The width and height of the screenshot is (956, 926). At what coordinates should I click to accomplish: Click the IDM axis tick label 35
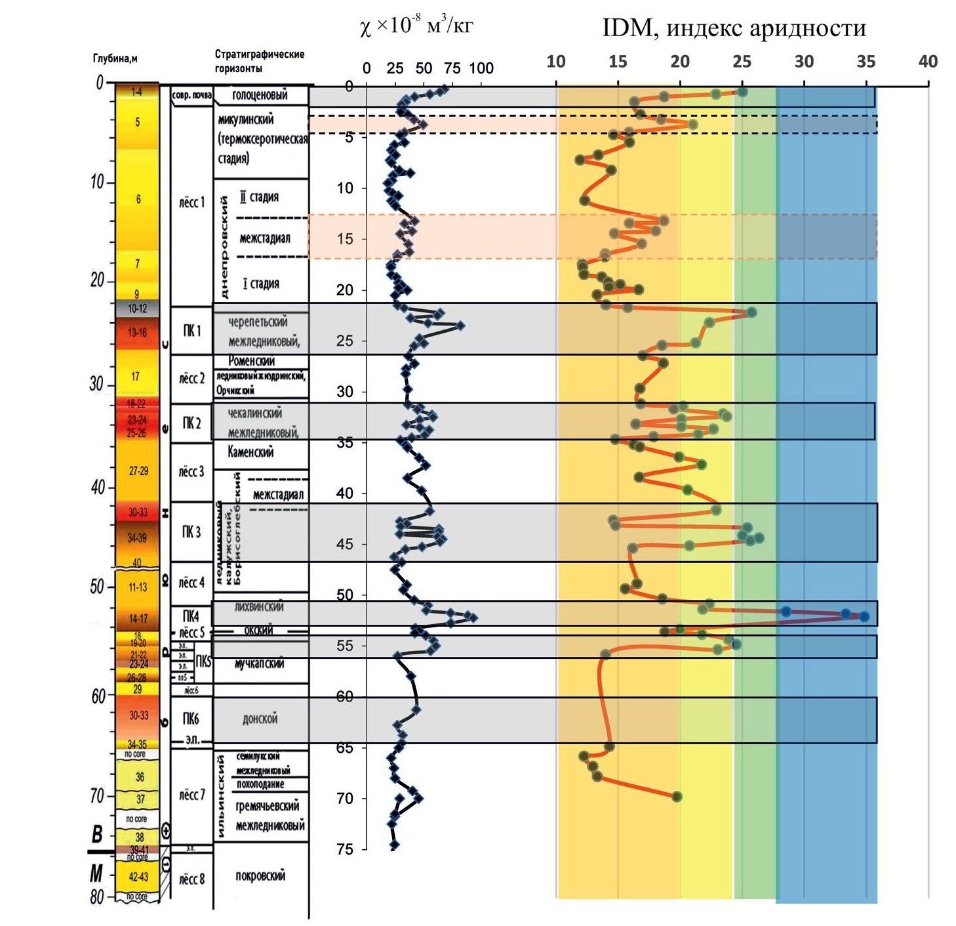tap(866, 62)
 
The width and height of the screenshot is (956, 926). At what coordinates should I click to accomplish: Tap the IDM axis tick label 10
tap(555, 62)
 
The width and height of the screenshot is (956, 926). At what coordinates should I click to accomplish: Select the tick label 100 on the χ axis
tap(481, 68)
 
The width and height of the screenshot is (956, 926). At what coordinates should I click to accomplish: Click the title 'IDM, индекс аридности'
tap(734, 28)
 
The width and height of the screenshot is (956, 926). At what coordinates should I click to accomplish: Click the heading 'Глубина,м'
tap(115, 58)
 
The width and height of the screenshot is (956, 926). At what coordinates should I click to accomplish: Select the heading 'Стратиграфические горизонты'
tap(259, 61)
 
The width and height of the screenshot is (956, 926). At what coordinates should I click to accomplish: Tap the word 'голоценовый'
tap(260, 95)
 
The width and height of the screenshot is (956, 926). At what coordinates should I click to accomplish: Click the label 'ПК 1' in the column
tap(191, 331)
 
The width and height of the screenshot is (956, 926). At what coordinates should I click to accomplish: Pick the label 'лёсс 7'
tap(191, 795)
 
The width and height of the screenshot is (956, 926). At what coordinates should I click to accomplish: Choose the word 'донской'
tap(260, 719)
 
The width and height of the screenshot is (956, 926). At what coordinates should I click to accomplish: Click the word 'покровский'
tap(260, 876)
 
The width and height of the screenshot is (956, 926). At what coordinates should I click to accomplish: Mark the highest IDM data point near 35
tap(864, 616)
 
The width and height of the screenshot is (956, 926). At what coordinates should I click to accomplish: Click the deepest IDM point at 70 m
tap(677, 797)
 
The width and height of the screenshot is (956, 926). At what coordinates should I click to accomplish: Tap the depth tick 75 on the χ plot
tap(344, 849)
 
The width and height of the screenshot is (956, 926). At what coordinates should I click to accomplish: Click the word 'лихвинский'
tap(259, 607)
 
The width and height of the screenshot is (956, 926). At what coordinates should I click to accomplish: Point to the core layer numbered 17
tap(135, 377)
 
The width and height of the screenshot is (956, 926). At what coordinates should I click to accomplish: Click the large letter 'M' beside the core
tap(96, 873)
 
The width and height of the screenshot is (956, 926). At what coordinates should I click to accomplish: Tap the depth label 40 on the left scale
tap(98, 487)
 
